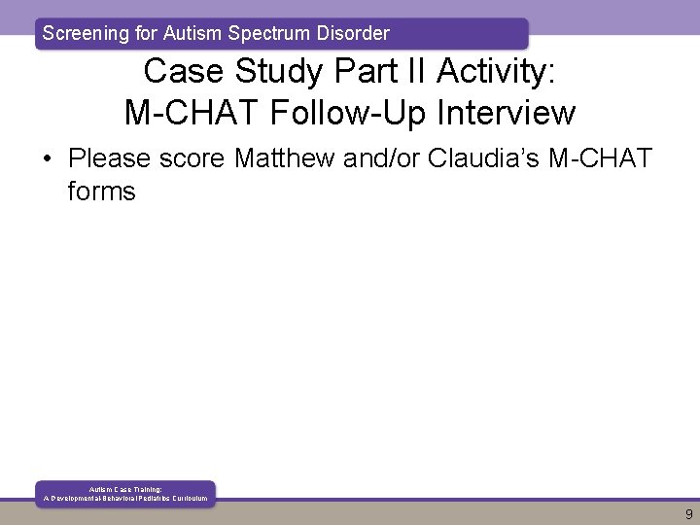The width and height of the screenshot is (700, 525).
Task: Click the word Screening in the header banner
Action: click(x=85, y=33)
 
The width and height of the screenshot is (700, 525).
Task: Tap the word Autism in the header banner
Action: click(x=192, y=33)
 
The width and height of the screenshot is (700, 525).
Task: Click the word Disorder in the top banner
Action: click(x=352, y=33)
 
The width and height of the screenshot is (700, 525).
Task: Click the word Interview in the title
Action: click(x=508, y=113)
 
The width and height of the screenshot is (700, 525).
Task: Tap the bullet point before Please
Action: click(x=49, y=157)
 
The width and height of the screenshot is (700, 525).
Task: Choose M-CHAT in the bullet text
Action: click(x=600, y=157)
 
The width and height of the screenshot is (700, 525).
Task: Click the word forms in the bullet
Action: click(x=101, y=192)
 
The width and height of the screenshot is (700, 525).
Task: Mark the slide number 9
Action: click(x=688, y=514)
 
